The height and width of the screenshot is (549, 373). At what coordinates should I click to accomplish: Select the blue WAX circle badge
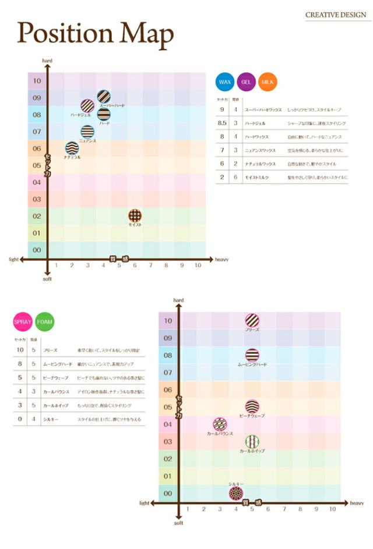click(x=224, y=82)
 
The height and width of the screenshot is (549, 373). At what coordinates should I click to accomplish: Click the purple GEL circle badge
click(x=246, y=82)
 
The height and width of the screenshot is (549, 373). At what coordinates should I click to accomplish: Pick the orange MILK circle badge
click(x=268, y=82)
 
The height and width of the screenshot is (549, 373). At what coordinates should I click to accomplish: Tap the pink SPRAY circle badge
click(x=22, y=321)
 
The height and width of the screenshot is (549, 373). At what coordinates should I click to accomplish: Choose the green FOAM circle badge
click(x=44, y=321)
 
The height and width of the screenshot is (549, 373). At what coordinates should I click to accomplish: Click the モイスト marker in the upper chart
click(x=135, y=216)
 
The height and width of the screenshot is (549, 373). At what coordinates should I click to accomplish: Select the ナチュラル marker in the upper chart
click(x=72, y=148)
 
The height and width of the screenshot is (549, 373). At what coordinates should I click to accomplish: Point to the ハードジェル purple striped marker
click(x=87, y=106)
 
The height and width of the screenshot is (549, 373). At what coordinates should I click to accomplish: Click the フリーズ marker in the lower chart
click(x=252, y=320)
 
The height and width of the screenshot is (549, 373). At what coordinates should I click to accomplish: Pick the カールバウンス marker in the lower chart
click(x=220, y=424)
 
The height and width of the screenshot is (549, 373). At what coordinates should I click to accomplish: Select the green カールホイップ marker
click(x=252, y=441)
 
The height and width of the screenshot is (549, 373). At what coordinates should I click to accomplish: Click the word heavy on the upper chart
click(x=221, y=260)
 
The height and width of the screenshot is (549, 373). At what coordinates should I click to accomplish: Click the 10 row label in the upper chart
click(x=37, y=81)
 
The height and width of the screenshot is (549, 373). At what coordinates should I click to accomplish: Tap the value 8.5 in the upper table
click(x=222, y=123)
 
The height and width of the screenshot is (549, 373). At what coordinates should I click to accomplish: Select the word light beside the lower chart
click(x=145, y=502)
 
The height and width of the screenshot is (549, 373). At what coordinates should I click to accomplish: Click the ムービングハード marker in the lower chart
click(x=252, y=355)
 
